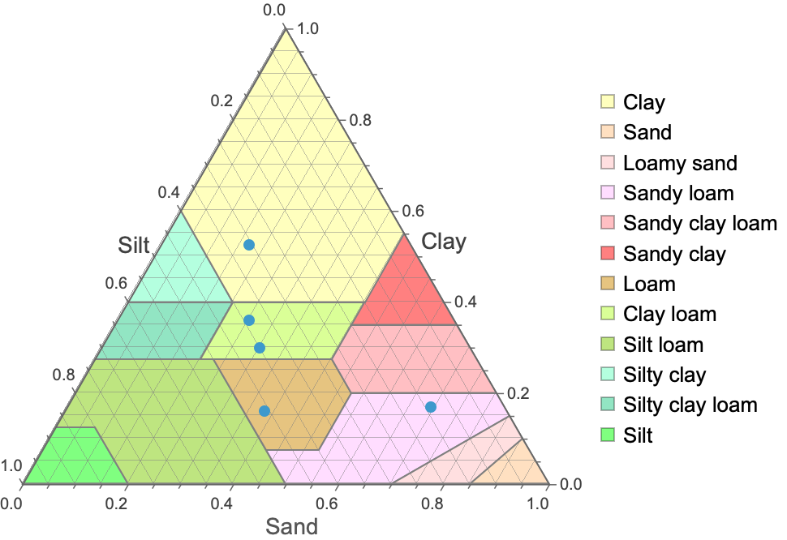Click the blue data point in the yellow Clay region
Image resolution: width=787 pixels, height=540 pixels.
(x=249, y=244)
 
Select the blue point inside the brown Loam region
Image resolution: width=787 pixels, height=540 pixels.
(x=264, y=411)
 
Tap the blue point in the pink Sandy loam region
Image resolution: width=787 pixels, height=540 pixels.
(x=431, y=407)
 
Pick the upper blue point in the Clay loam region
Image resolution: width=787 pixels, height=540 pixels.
(x=249, y=320)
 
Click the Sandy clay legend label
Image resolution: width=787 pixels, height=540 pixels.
(x=674, y=254)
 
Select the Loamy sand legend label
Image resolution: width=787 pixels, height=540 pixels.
(x=680, y=163)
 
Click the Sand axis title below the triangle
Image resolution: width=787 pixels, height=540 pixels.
(x=292, y=526)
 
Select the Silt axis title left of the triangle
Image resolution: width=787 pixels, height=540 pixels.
(x=135, y=246)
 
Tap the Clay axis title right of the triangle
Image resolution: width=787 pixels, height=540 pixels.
(x=444, y=242)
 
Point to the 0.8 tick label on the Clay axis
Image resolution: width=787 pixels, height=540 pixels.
(x=359, y=120)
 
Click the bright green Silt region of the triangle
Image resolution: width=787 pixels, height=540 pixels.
(x=69, y=458)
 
